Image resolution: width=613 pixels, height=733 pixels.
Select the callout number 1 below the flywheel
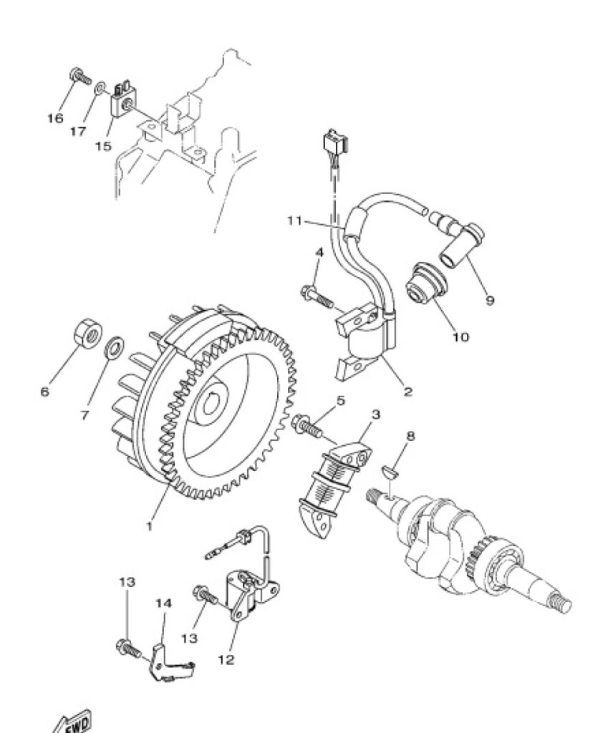coord(150,526)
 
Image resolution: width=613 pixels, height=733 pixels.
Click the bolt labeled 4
coord(317,297)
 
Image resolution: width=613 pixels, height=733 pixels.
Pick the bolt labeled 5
coord(306,427)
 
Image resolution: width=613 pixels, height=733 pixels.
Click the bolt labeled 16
coord(80,77)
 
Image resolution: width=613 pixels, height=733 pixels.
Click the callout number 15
coord(103,146)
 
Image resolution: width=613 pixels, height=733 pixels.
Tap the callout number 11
coord(295,220)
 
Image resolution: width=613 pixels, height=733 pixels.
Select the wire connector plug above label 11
coord(335,142)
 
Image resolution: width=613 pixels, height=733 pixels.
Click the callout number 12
coord(226,659)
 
